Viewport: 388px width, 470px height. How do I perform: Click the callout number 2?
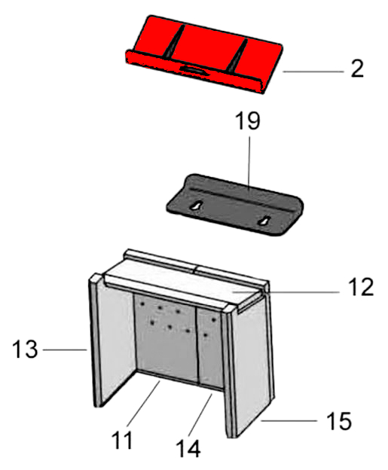[x=357, y=69]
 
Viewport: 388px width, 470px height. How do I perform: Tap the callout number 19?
[x=248, y=121]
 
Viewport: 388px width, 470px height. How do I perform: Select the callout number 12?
[x=361, y=286]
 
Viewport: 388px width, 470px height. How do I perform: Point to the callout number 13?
[x=25, y=349]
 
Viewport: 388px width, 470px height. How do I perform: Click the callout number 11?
[x=122, y=440]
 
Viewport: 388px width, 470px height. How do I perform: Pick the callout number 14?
[x=188, y=448]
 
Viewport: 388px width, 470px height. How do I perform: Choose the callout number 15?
[x=339, y=421]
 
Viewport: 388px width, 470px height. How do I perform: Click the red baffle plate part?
[x=204, y=54]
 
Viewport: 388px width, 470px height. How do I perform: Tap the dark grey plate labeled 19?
[x=235, y=204]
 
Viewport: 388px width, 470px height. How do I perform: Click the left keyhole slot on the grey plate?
[x=196, y=206]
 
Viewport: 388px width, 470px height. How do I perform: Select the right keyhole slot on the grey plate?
[x=264, y=221]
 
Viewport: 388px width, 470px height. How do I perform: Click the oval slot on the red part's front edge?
[x=192, y=69]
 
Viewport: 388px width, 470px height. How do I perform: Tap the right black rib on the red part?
[x=238, y=56]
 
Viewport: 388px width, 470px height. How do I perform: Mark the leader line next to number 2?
[x=313, y=72]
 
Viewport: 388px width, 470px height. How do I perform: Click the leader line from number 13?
[x=65, y=349]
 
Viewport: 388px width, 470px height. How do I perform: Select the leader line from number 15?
[x=289, y=421]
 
